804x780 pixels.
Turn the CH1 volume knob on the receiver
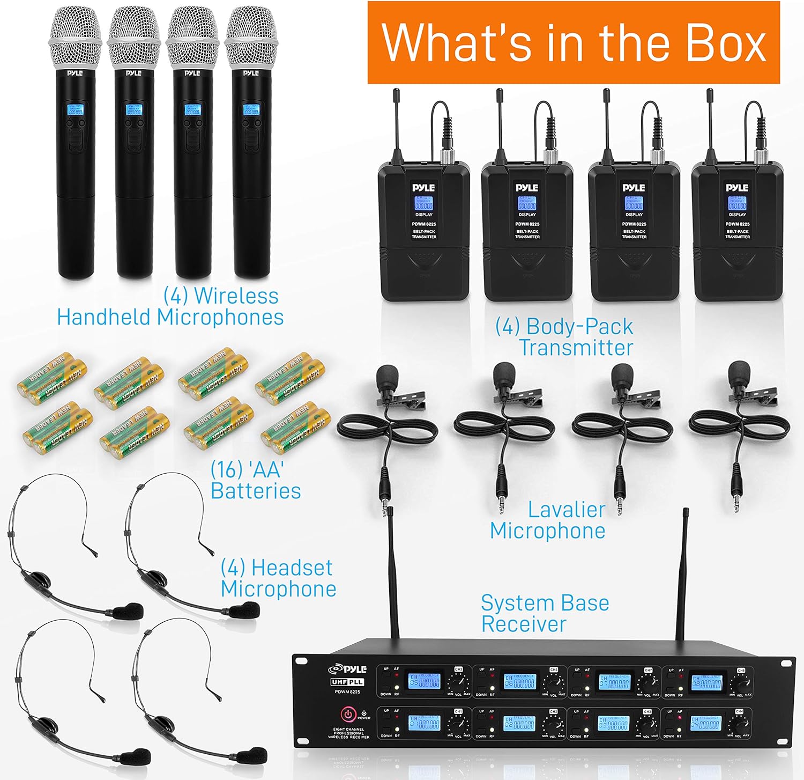(x=459, y=725)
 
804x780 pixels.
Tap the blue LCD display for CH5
(x=425, y=681)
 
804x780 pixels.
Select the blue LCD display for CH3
(x=614, y=724)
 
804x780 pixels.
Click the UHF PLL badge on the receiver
(x=347, y=682)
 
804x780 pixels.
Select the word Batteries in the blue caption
(x=255, y=491)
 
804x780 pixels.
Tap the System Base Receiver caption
(x=544, y=613)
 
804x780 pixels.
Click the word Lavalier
(x=567, y=510)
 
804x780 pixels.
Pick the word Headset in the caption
(x=292, y=568)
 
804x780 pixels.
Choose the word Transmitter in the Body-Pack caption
(x=576, y=348)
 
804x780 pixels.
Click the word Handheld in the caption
(x=106, y=317)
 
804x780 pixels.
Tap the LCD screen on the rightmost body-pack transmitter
(x=737, y=204)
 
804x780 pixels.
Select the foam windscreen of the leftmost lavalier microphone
(x=387, y=376)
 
